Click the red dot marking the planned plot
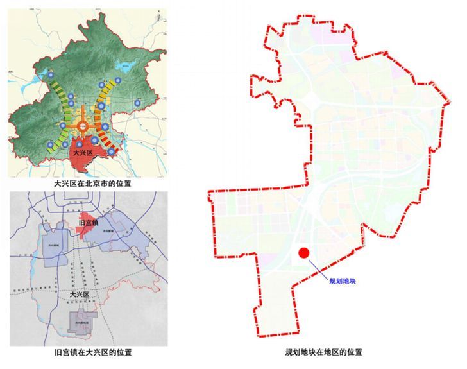point(305,253)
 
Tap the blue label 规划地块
point(342,281)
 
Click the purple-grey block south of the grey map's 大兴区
point(84,322)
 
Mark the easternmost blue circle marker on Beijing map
point(137,103)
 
